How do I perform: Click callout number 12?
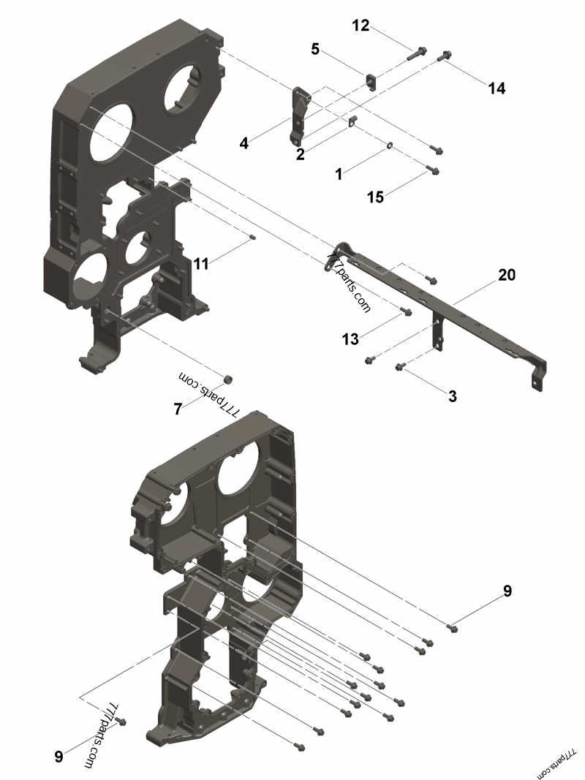tap(361, 26)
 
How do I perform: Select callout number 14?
tap(497, 88)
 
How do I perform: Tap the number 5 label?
tap(315, 49)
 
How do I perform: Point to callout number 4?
tap(244, 144)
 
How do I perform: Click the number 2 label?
tap(300, 154)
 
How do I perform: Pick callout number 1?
tap(339, 174)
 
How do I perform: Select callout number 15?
tap(375, 197)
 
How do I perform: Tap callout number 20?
tap(507, 275)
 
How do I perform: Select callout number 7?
tap(177, 409)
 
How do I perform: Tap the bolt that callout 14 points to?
tap(445, 56)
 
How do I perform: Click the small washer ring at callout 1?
tap(388, 147)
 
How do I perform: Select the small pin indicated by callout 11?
tap(251, 235)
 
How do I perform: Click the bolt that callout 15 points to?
tap(433, 170)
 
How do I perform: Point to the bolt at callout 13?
tap(408, 312)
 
